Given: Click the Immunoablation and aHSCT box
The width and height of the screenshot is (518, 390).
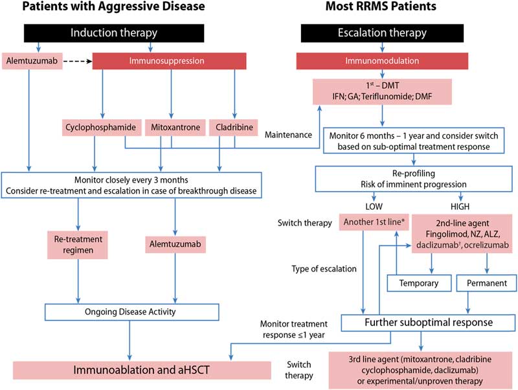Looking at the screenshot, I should point(141,371).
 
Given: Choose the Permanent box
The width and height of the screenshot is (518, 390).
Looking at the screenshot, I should point(486,283).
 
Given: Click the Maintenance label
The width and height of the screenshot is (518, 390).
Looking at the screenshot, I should point(288,135).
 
